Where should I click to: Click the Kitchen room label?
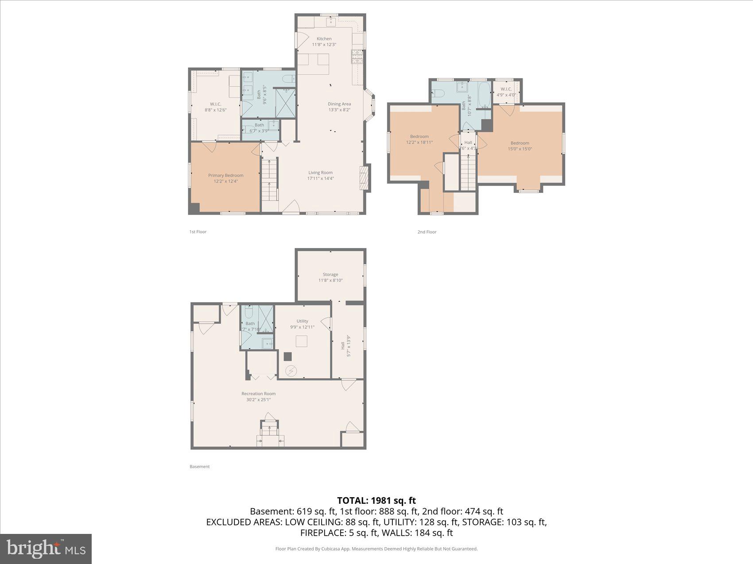(324, 39)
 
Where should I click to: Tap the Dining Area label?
(339, 104)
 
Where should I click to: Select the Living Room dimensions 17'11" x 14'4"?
(320, 179)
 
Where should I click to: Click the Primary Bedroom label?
(225, 176)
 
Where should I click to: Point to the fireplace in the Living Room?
(364, 178)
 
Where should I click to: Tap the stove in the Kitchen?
(357, 57)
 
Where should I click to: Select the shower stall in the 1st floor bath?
(285, 103)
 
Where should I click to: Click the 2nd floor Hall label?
(468, 142)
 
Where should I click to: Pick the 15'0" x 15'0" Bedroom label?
(520, 146)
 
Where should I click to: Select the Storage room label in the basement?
(330, 275)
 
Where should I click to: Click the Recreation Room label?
(258, 394)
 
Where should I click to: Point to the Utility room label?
(302, 321)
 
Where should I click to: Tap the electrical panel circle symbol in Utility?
(291, 371)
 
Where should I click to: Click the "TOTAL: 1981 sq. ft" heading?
(376, 500)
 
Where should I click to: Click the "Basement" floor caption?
(199, 467)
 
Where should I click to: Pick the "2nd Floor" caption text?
(427, 232)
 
